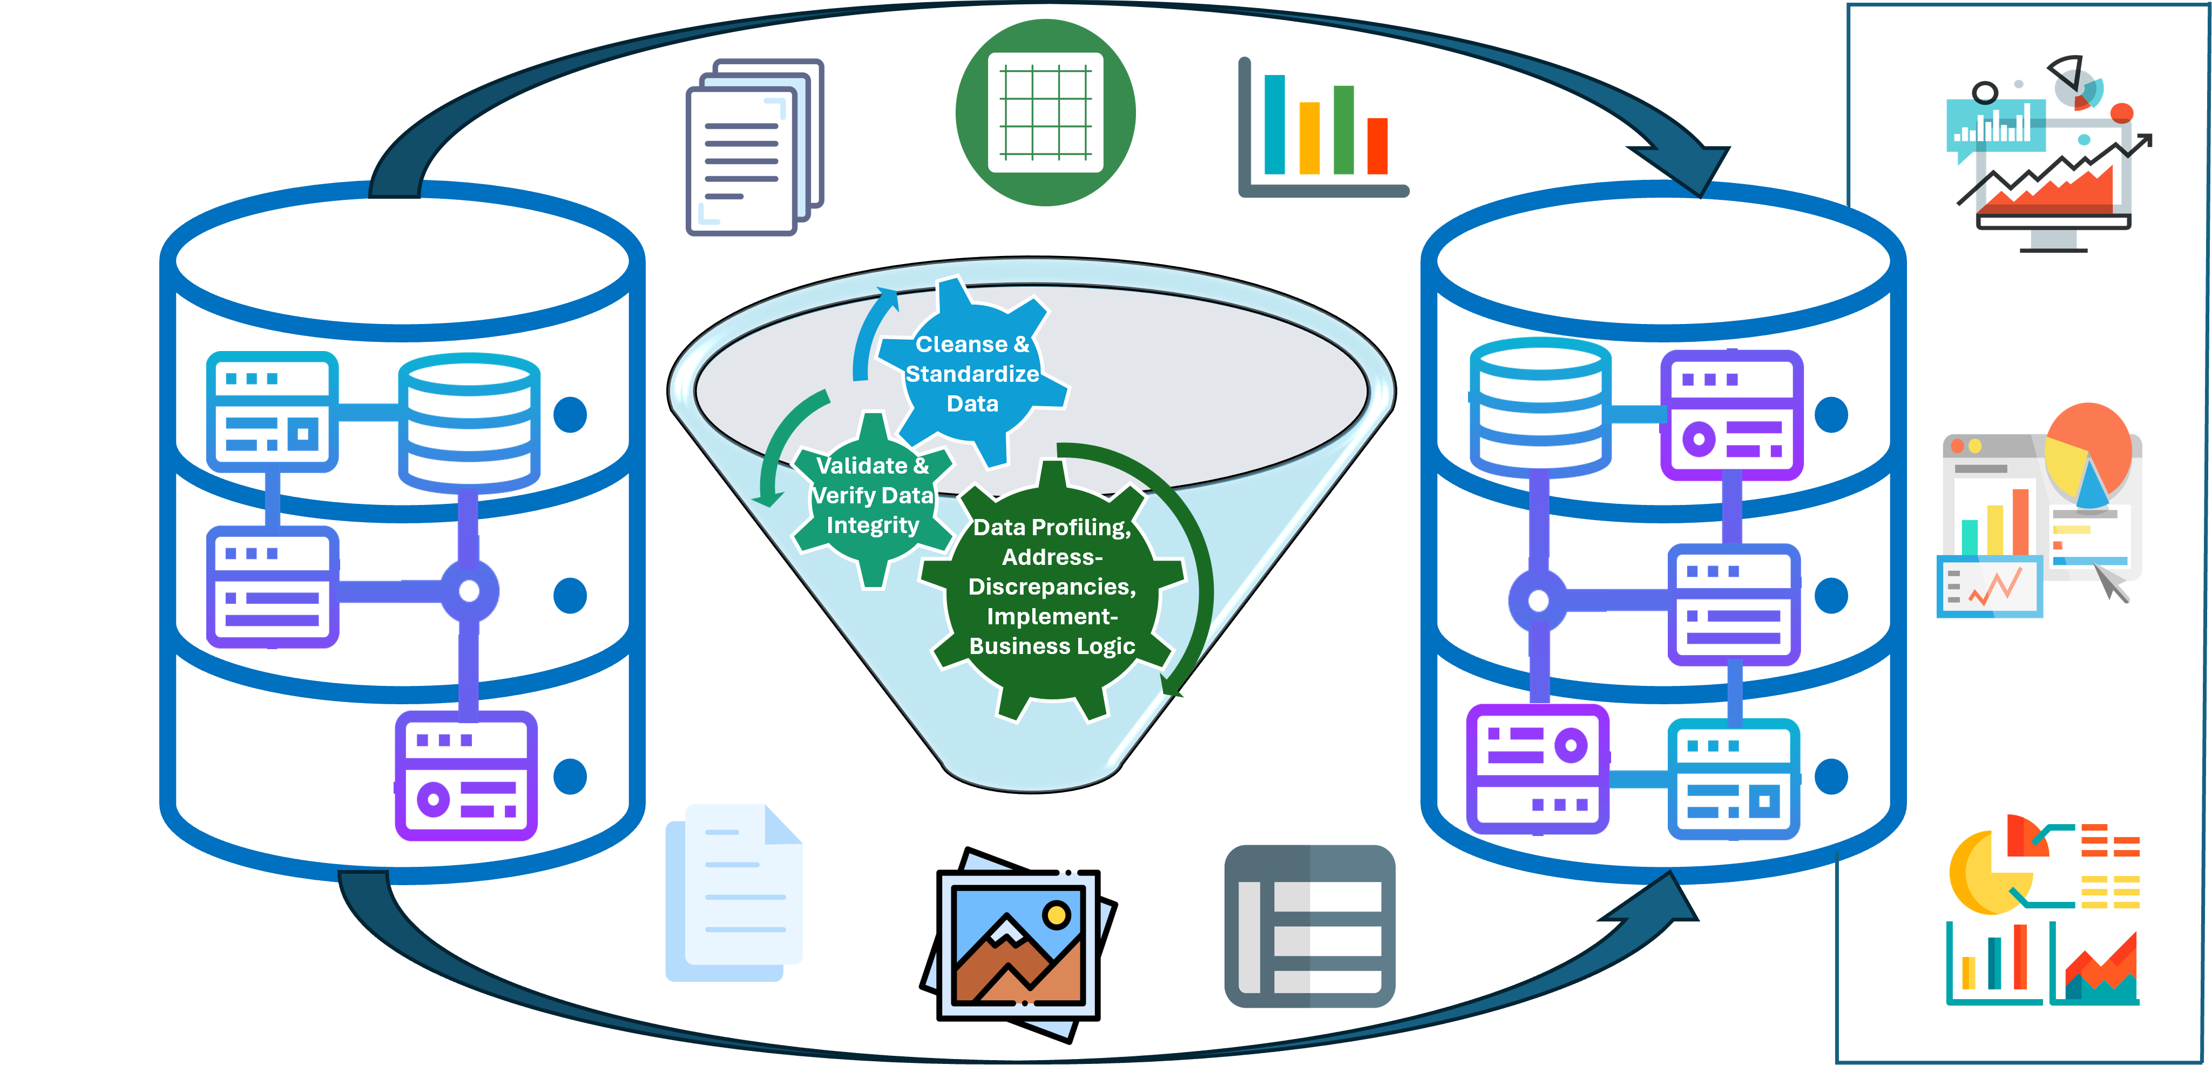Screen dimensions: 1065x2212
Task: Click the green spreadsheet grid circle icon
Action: coord(1045,112)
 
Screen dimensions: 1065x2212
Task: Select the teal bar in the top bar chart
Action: coord(1274,125)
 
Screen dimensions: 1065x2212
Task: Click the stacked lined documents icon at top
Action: coord(753,146)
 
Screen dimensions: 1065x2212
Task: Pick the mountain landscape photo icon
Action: coord(1018,945)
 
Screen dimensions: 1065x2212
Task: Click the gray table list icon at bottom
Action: coord(1309,926)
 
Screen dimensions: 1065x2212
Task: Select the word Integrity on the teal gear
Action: coord(872,525)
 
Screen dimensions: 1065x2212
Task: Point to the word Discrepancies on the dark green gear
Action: coord(1051,587)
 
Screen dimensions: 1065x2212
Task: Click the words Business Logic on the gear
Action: coord(1052,646)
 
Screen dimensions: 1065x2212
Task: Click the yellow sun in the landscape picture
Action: coord(1056,915)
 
